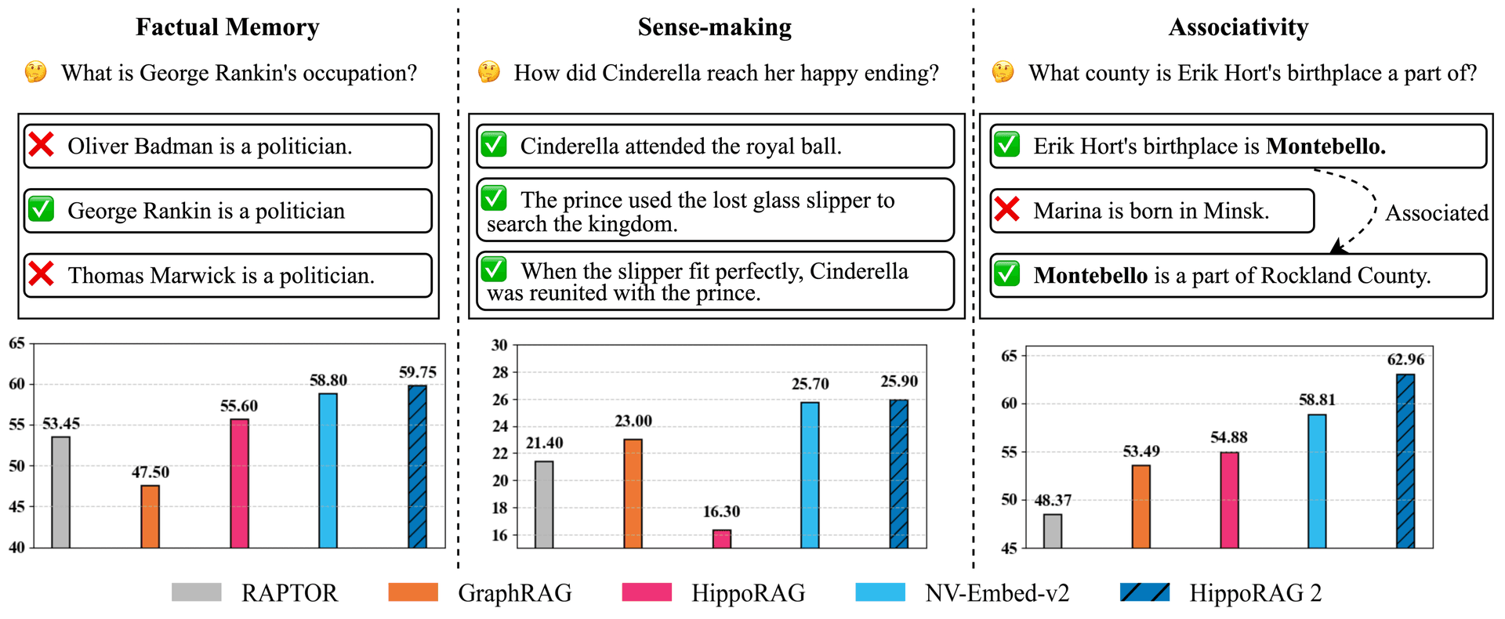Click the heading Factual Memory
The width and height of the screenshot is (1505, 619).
227,27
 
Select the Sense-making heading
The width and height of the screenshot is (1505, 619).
714,27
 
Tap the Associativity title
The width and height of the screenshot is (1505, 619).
1238,27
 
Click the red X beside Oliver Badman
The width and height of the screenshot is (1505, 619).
41,145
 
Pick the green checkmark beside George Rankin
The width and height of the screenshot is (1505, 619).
41,209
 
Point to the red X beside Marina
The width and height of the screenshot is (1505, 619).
1006,209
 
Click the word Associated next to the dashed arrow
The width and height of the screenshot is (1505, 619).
1436,213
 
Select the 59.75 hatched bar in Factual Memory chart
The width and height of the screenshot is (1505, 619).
417,466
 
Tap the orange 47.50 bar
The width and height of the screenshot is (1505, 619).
150,516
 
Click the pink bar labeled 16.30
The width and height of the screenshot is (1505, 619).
721,539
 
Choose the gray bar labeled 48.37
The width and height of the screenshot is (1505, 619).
1053,531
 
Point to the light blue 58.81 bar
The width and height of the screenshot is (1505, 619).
1317,481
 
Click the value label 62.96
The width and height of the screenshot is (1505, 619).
1405,360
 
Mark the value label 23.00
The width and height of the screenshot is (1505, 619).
633,422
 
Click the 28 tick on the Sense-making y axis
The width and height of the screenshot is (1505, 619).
499,372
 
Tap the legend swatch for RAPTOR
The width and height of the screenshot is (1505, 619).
197,592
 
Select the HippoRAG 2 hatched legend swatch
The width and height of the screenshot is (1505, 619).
1145,592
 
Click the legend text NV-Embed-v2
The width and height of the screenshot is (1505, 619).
997,593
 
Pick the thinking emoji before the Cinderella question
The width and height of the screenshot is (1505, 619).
489,72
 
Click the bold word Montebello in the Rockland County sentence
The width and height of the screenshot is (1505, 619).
1090,275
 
